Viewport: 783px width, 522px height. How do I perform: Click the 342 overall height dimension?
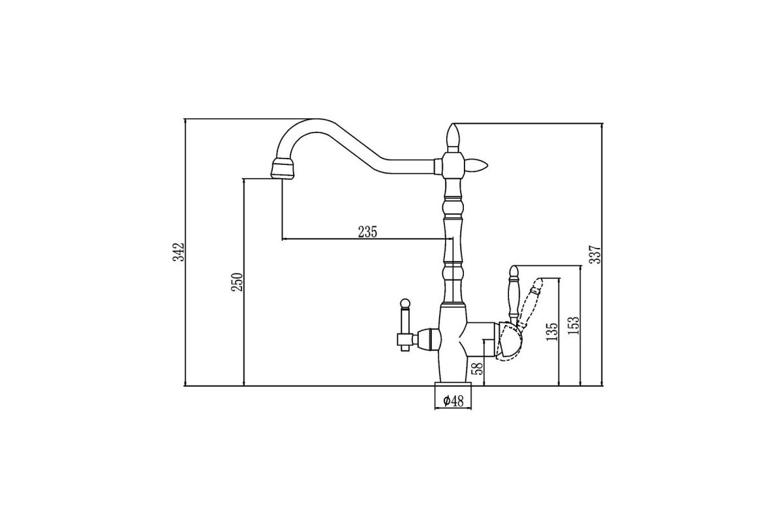pos(179,252)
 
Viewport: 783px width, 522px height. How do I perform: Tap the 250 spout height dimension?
pos(238,283)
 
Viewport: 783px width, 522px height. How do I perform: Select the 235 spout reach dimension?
pos(368,232)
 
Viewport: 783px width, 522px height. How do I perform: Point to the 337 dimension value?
pos(595,254)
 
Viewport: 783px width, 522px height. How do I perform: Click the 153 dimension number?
pos(574,326)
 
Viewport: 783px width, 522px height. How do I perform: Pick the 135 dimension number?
pos(552,331)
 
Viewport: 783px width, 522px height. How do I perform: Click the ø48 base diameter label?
pos(453,401)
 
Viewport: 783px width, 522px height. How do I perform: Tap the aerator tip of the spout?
pos(283,168)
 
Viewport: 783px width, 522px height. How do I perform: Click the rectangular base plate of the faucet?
pos(453,384)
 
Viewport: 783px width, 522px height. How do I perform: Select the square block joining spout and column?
pos(453,165)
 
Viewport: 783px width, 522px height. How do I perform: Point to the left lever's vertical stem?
pos(405,326)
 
